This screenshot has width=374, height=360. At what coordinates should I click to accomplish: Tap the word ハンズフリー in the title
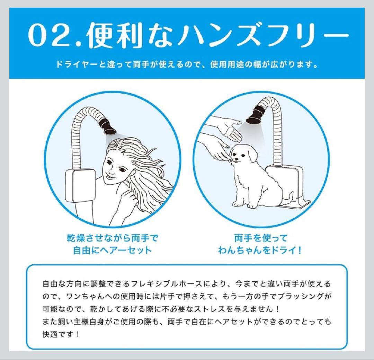click(263, 35)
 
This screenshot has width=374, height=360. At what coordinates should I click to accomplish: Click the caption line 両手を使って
click(260, 238)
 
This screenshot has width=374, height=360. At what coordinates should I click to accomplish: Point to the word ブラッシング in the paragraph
click(301, 297)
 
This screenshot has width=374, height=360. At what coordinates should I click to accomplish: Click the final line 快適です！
click(61, 334)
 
